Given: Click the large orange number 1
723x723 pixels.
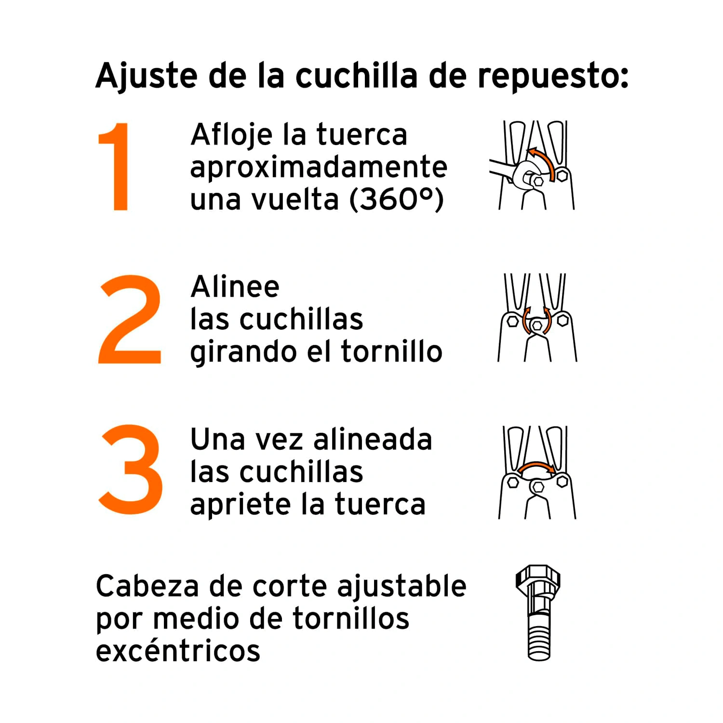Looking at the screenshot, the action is click(x=116, y=166).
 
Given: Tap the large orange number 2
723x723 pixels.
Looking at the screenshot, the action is click(x=130, y=319).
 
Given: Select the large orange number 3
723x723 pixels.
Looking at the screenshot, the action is click(x=131, y=469).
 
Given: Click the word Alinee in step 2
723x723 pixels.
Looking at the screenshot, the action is click(x=235, y=287).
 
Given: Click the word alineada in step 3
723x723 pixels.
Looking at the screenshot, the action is click(x=373, y=440).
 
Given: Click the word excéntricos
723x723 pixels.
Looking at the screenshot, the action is click(x=178, y=650).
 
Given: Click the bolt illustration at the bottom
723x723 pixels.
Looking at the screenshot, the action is click(x=538, y=613).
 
